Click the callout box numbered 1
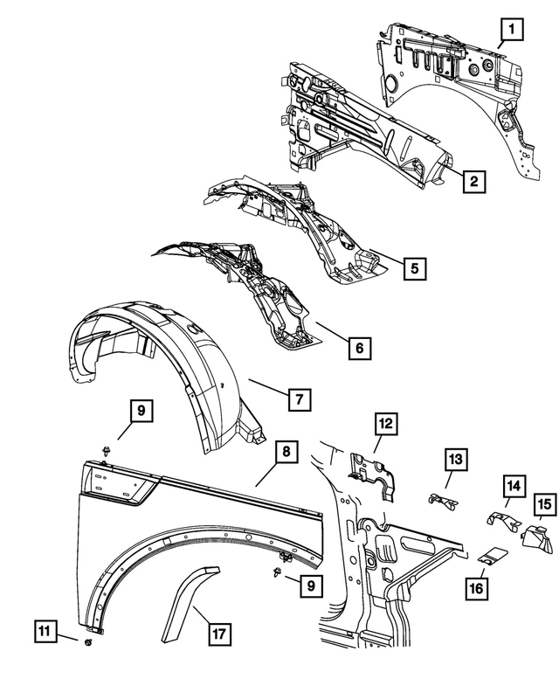coord(512,33)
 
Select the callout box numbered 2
coord(473,182)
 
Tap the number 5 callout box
coord(415,267)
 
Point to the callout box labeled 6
coord(357,348)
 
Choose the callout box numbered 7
coord(298,399)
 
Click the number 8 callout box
coord(286,453)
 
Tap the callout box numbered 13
coord(458,459)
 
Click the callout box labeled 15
coord(545,506)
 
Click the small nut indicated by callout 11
coord(91,620)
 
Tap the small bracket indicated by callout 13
coord(442,501)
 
